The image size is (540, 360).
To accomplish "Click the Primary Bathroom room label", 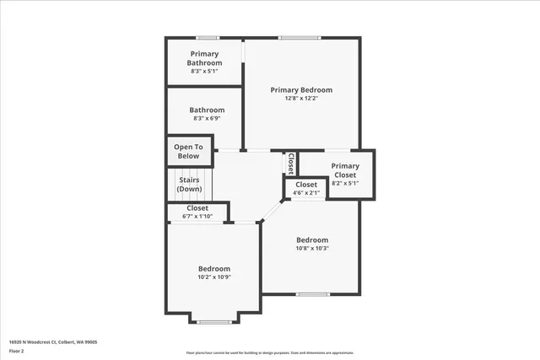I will point(204,58).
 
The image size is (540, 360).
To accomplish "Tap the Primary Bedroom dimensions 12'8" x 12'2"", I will point(301,99).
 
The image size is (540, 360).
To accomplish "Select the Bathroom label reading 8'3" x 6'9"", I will point(207,119).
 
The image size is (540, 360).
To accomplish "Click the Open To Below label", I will point(188,152).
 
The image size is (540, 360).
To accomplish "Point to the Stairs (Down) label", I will point(189,184).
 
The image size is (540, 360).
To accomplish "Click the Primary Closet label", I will point(344,170).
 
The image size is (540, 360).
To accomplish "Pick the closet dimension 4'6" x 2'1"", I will point(305,193).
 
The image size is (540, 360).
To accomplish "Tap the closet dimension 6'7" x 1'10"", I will point(197,217).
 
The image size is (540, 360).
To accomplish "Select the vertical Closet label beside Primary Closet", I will point(291,162).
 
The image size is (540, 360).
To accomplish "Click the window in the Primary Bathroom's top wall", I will point(208,38).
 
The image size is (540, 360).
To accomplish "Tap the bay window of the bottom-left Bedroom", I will point(214,321).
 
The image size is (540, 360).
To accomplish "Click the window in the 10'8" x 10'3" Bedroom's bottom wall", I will point(312,293).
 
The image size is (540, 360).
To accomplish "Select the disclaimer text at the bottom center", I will point(269,352).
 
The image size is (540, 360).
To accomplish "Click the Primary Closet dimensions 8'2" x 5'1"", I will point(344,183).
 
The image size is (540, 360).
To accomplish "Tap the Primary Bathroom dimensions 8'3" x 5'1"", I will point(204,72).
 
